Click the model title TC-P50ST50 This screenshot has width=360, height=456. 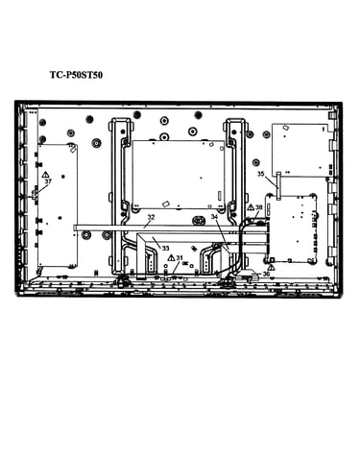(76, 75)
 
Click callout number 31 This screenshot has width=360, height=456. (180, 257)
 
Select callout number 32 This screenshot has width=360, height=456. (151, 217)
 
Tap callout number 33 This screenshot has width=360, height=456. (165, 248)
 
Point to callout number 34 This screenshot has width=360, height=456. (214, 217)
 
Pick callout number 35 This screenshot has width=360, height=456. (261, 174)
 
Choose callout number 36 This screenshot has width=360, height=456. (266, 274)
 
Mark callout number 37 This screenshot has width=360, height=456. (48, 181)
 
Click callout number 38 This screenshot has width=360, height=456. (258, 207)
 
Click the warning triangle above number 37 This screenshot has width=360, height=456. (45, 175)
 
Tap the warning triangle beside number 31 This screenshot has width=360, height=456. (172, 257)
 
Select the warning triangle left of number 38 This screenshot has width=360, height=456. (251, 207)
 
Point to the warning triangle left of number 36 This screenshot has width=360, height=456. (272, 267)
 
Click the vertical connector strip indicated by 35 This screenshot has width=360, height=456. (278, 186)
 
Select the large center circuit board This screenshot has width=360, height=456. (179, 175)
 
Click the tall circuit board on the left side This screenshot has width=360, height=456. (58, 205)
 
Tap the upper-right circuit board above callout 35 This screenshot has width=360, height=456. (301, 150)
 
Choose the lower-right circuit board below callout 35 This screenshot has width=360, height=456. (291, 228)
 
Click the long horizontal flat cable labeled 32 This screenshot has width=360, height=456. (156, 228)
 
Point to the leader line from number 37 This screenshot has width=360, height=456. (41, 190)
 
